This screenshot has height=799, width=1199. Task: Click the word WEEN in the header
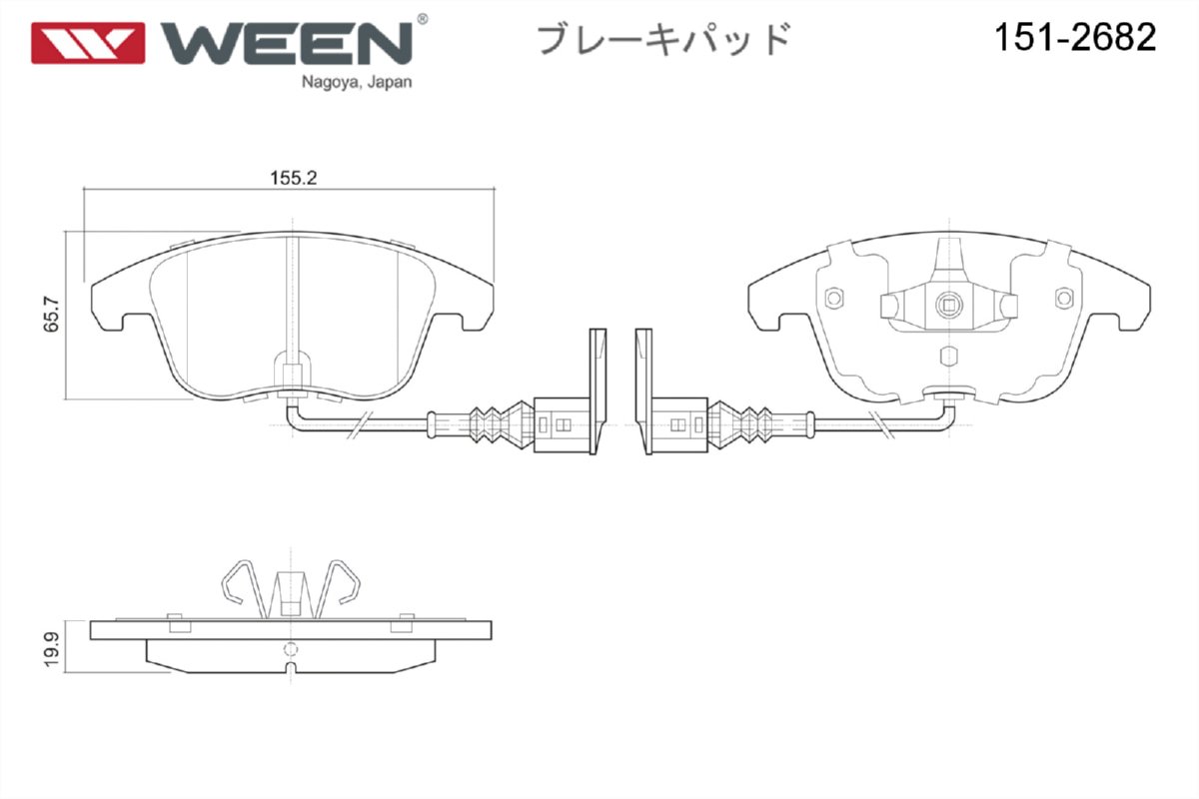click(x=287, y=42)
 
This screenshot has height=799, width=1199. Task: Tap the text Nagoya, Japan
click(x=356, y=83)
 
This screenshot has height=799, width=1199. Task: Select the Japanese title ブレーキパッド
click(x=664, y=39)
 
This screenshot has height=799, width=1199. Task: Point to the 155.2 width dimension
click(x=293, y=178)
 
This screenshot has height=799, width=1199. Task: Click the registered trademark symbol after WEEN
click(x=422, y=19)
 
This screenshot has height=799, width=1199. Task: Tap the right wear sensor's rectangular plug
click(x=681, y=423)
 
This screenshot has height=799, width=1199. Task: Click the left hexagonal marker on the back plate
click(x=835, y=298)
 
